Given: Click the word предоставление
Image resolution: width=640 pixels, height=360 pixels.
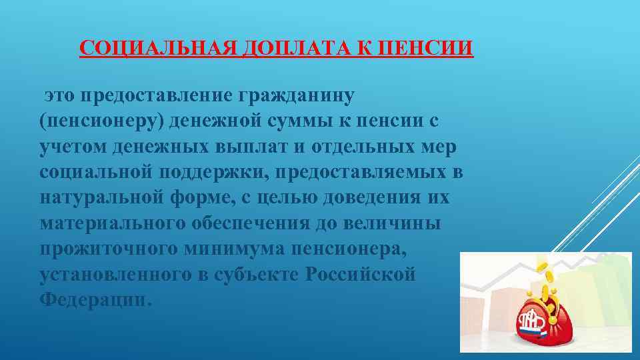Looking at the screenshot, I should click(x=155, y=95).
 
